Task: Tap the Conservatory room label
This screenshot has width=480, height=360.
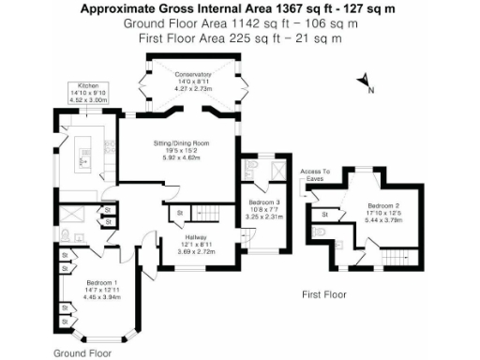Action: pos(180,73)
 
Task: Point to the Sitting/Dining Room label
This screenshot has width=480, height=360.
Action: pos(180,142)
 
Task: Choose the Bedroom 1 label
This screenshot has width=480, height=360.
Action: pos(102,282)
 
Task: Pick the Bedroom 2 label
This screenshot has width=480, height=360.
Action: pos(383,205)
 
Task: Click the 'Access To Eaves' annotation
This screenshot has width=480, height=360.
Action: pos(315,175)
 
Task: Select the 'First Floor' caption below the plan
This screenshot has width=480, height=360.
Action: pos(324,294)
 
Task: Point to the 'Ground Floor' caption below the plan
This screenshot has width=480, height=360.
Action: pos(82,353)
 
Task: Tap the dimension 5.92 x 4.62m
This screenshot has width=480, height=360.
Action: pos(180,157)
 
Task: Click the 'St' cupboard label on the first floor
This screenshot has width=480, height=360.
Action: pos(322,214)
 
